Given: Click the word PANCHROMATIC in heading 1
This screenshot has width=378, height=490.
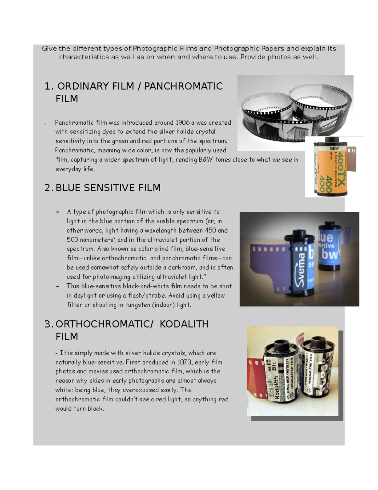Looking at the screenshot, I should point(183,86).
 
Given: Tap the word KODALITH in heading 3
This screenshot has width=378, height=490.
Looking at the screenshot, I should point(184,324).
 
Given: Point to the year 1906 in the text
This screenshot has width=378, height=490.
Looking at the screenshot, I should point(183,122).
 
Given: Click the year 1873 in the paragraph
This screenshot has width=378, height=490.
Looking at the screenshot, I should point(185,362).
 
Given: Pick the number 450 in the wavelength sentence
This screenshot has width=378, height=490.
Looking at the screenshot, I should point(210,230).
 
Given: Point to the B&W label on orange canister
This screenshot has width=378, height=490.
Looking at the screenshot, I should point(334,148).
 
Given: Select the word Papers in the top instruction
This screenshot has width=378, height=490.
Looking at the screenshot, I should point(272,49).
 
